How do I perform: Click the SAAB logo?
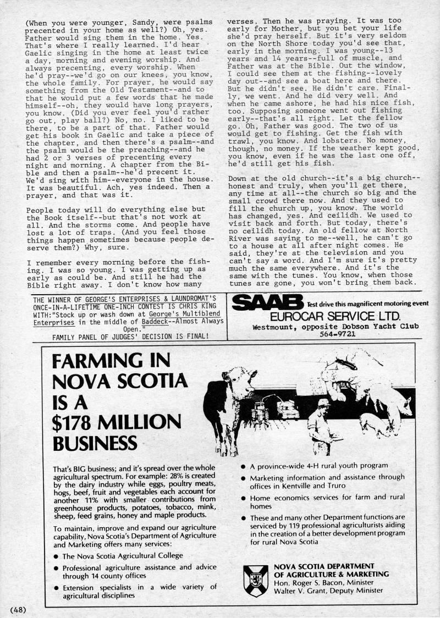(x=267, y=302)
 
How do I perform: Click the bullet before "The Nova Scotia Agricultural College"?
(x=56, y=556)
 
